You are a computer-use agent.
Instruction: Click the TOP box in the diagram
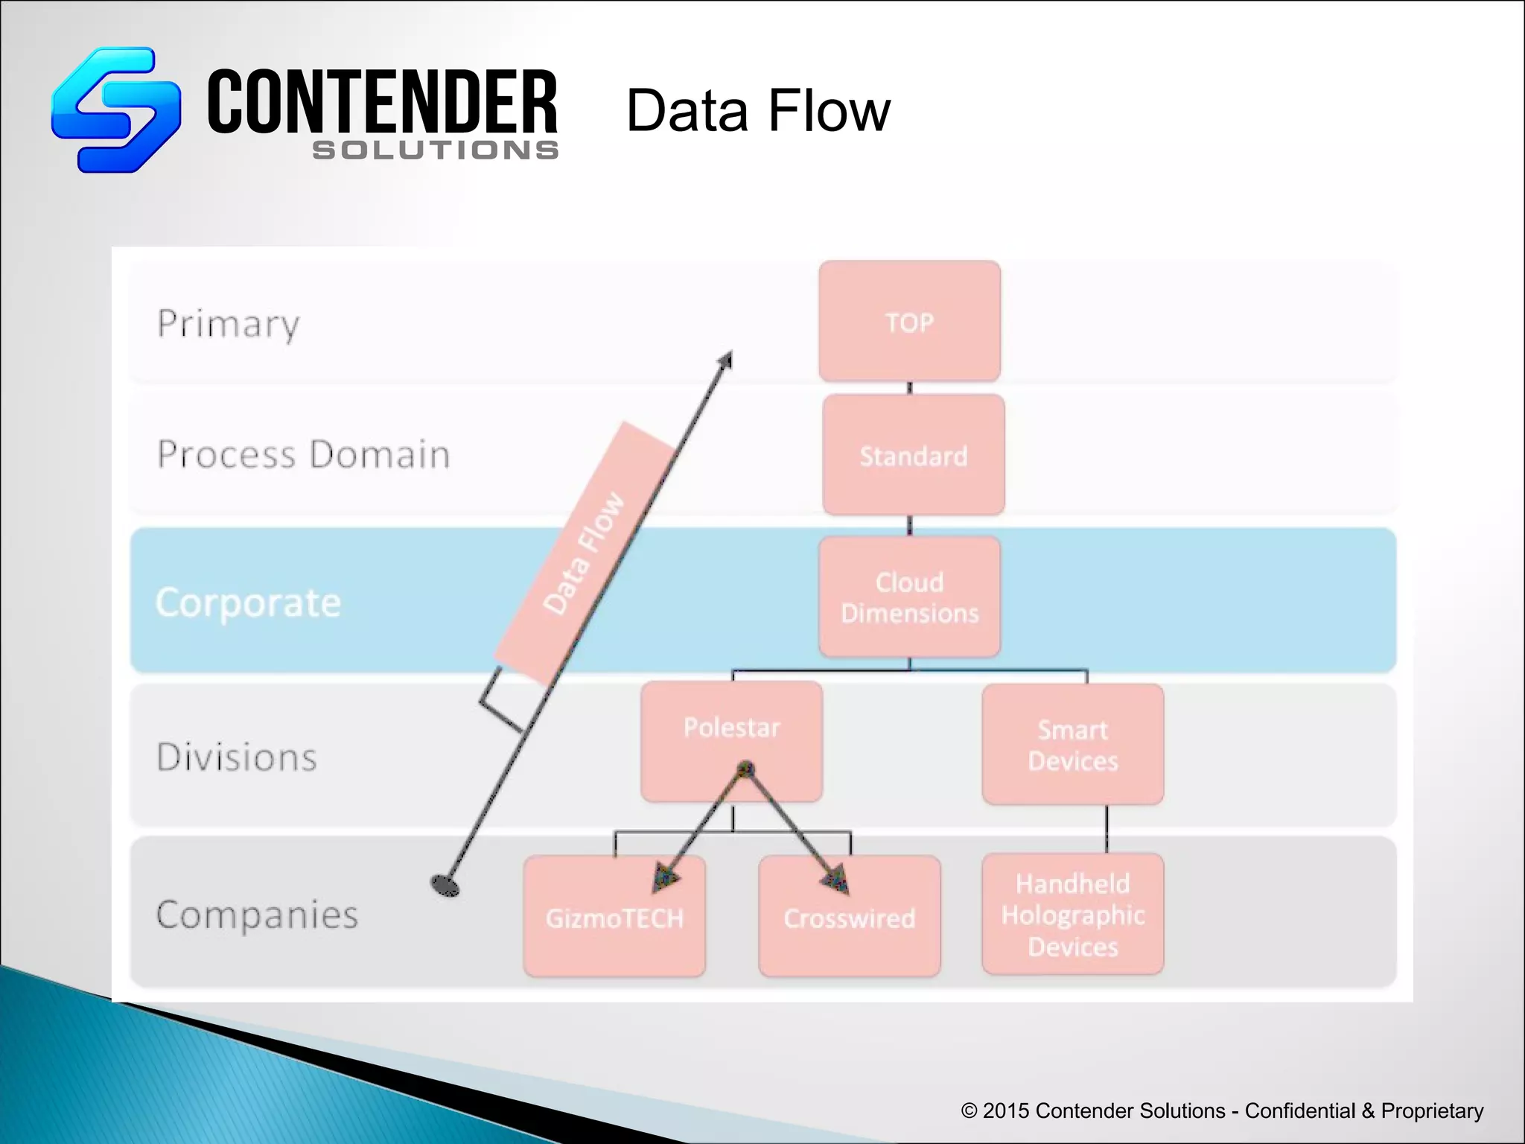[x=909, y=322]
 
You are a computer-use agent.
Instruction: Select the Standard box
[x=914, y=455]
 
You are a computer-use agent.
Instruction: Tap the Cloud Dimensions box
[x=909, y=597]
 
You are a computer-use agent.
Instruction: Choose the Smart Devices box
[x=1072, y=745]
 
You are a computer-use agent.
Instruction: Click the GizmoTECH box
[x=614, y=918]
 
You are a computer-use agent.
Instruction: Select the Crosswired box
[x=849, y=918]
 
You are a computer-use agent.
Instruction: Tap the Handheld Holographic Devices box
[x=1072, y=915]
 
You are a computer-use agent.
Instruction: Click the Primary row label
[x=228, y=324]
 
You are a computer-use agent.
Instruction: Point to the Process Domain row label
[x=303, y=454]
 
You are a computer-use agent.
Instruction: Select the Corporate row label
[x=248, y=602]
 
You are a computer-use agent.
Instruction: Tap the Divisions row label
[x=237, y=757]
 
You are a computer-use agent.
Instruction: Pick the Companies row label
[x=257, y=915]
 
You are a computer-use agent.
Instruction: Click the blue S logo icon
[x=116, y=109]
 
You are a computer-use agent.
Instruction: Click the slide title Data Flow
[x=757, y=110]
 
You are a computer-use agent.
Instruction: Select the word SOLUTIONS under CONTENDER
[x=435, y=150]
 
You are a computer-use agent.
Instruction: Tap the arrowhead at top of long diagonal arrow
[x=725, y=361]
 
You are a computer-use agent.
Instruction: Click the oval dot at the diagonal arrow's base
[x=445, y=885]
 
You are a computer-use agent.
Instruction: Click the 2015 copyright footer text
[x=1221, y=1110]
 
